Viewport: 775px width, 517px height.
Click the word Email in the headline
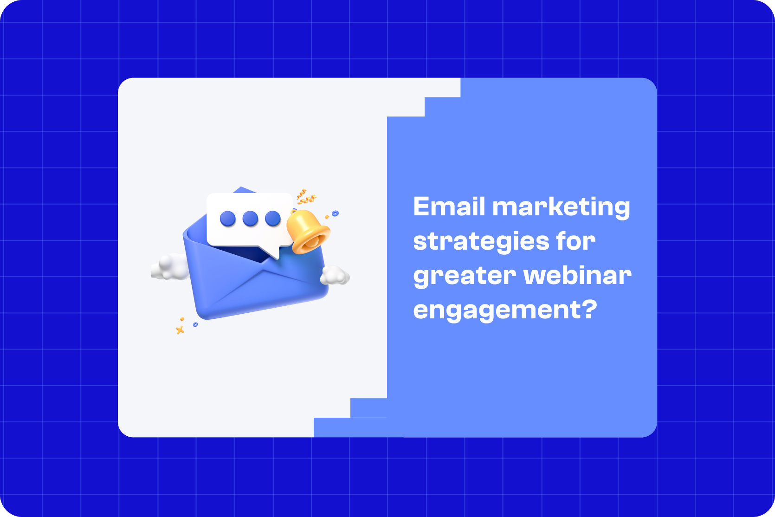click(x=449, y=207)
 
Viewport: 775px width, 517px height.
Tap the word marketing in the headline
click(x=561, y=207)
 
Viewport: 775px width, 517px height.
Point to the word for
click(x=575, y=241)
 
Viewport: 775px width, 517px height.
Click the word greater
click(x=465, y=276)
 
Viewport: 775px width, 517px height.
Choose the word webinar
click(x=577, y=275)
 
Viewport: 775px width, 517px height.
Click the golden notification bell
click(x=307, y=232)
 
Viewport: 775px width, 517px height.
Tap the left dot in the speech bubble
click(x=228, y=218)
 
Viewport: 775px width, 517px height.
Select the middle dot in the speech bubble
click(x=250, y=218)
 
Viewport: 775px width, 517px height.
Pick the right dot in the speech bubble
click(x=272, y=218)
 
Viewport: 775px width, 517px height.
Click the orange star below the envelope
click(x=180, y=330)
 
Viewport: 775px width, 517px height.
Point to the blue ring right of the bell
click(x=335, y=213)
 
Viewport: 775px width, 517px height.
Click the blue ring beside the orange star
click(x=195, y=324)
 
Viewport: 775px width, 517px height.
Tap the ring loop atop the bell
click(x=294, y=212)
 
